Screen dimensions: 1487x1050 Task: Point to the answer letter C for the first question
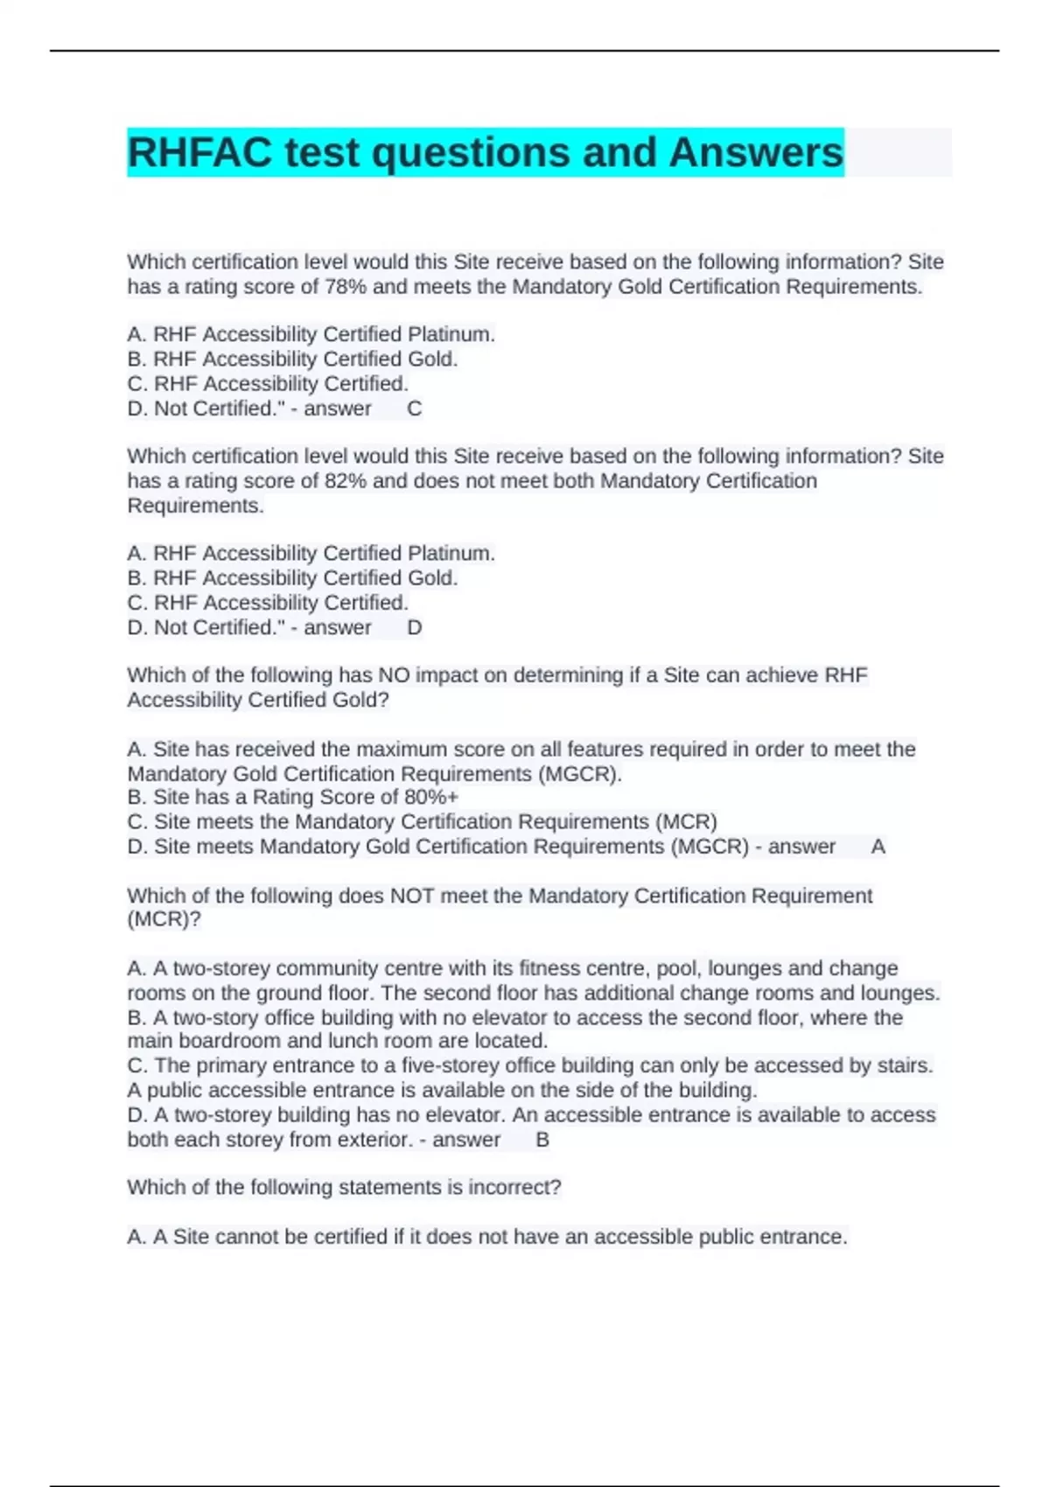(415, 408)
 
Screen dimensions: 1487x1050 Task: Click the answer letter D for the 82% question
(415, 627)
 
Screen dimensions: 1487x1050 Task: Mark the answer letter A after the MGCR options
(878, 847)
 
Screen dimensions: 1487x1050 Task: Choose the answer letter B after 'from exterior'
(542, 1140)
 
